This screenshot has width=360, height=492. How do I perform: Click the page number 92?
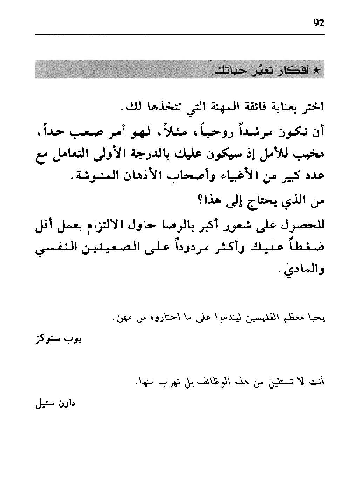317,24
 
